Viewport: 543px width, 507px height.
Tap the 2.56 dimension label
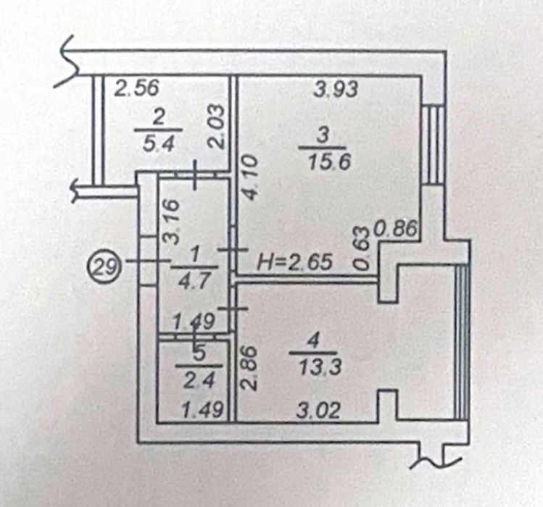tap(137, 88)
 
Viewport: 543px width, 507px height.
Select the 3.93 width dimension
tap(335, 89)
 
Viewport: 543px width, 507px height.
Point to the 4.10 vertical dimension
tap(250, 177)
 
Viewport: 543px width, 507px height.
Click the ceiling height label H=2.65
tap(294, 262)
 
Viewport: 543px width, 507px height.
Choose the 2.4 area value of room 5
tap(200, 381)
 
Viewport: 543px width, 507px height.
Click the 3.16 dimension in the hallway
tap(172, 221)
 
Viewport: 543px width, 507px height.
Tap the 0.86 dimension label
tap(395, 228)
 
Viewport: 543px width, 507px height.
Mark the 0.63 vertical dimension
tap(362, 248)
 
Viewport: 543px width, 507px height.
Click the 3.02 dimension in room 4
tap(318, 411)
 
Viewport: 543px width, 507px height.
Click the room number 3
tap(323, 135)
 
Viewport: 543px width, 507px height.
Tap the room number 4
tap(313, 342)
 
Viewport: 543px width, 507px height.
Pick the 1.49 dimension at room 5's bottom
tap(202, 411)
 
